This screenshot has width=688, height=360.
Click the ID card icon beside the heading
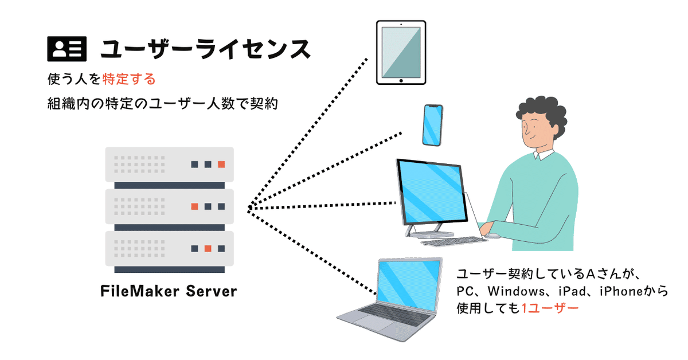click(66, 49)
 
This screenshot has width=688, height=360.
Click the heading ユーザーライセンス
click(205, 49)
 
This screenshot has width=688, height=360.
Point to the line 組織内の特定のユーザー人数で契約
click(163, 105)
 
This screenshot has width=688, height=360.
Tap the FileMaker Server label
click(169, 291)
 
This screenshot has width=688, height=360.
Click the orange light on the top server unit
click(221, 165)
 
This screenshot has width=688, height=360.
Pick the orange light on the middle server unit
click(195, 206)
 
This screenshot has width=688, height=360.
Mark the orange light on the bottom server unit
click(208, 248)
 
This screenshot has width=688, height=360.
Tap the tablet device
click(401, 53)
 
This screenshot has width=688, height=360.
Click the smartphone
click(433, 125)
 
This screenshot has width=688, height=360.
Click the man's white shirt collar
click(542, 154)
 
